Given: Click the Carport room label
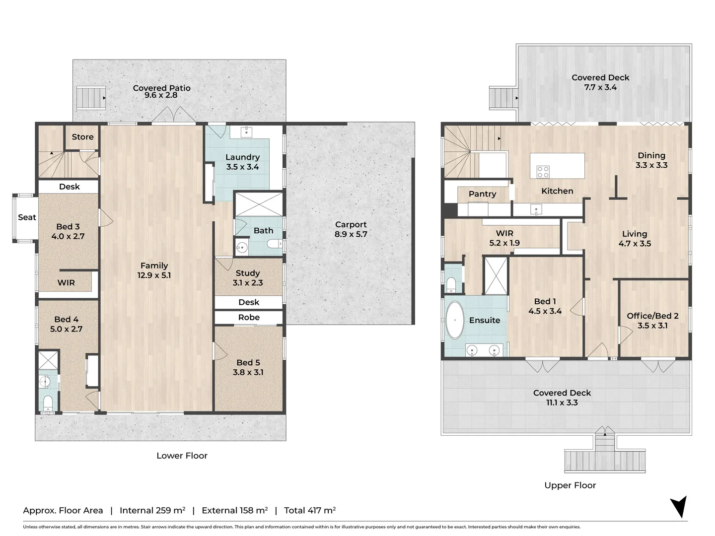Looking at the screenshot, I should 351,225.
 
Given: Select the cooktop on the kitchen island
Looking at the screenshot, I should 543,172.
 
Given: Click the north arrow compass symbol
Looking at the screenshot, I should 678,507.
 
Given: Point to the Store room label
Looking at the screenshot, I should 82,137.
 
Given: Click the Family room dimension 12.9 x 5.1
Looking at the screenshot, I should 154,275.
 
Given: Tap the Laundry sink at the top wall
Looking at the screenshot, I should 246,132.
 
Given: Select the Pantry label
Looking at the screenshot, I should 482,194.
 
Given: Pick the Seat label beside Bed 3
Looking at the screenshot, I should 27,217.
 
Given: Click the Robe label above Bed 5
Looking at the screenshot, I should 249,318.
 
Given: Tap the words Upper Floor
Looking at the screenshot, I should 570,485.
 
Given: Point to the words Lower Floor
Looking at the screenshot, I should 182,456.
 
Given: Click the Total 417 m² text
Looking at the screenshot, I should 310,510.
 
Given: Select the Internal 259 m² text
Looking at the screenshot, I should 152,510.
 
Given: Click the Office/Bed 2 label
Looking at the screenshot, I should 652,316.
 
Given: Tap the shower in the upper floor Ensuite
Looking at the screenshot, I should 496,275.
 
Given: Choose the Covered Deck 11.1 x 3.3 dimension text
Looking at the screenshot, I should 562,403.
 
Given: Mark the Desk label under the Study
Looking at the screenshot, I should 249,302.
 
